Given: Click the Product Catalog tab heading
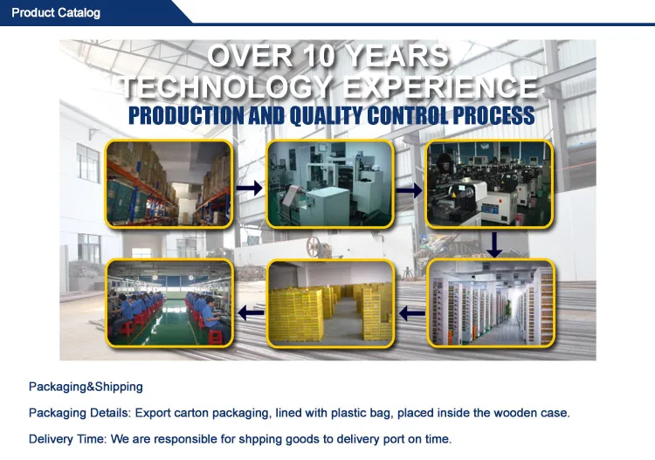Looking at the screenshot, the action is click(56, 12).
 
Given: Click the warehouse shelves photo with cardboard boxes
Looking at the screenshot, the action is click(169, 184).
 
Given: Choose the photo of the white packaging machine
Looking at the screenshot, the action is click(330, 184).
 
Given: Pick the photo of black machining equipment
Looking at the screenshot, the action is click(489, 184).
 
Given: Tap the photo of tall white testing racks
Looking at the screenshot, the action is click(491, 304).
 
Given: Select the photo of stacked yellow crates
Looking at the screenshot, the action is click(330, 304).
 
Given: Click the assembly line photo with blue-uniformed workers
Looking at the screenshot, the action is click(169, 304).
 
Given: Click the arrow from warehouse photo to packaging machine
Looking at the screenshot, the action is click(250, 189).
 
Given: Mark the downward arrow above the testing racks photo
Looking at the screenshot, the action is click(494, 245).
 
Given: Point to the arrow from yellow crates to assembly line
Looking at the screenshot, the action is click(251, 312).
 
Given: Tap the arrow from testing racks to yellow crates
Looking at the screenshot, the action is click(412, 312).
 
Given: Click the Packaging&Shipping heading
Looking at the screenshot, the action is click(86, 387).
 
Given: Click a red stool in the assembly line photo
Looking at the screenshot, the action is click(215, 336).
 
